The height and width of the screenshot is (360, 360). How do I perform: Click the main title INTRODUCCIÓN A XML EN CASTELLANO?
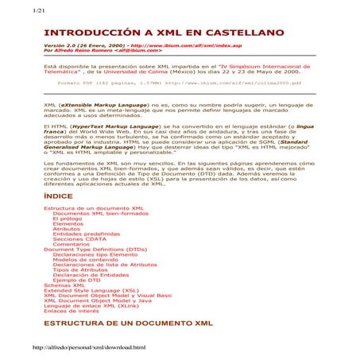[x=164, y=33]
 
